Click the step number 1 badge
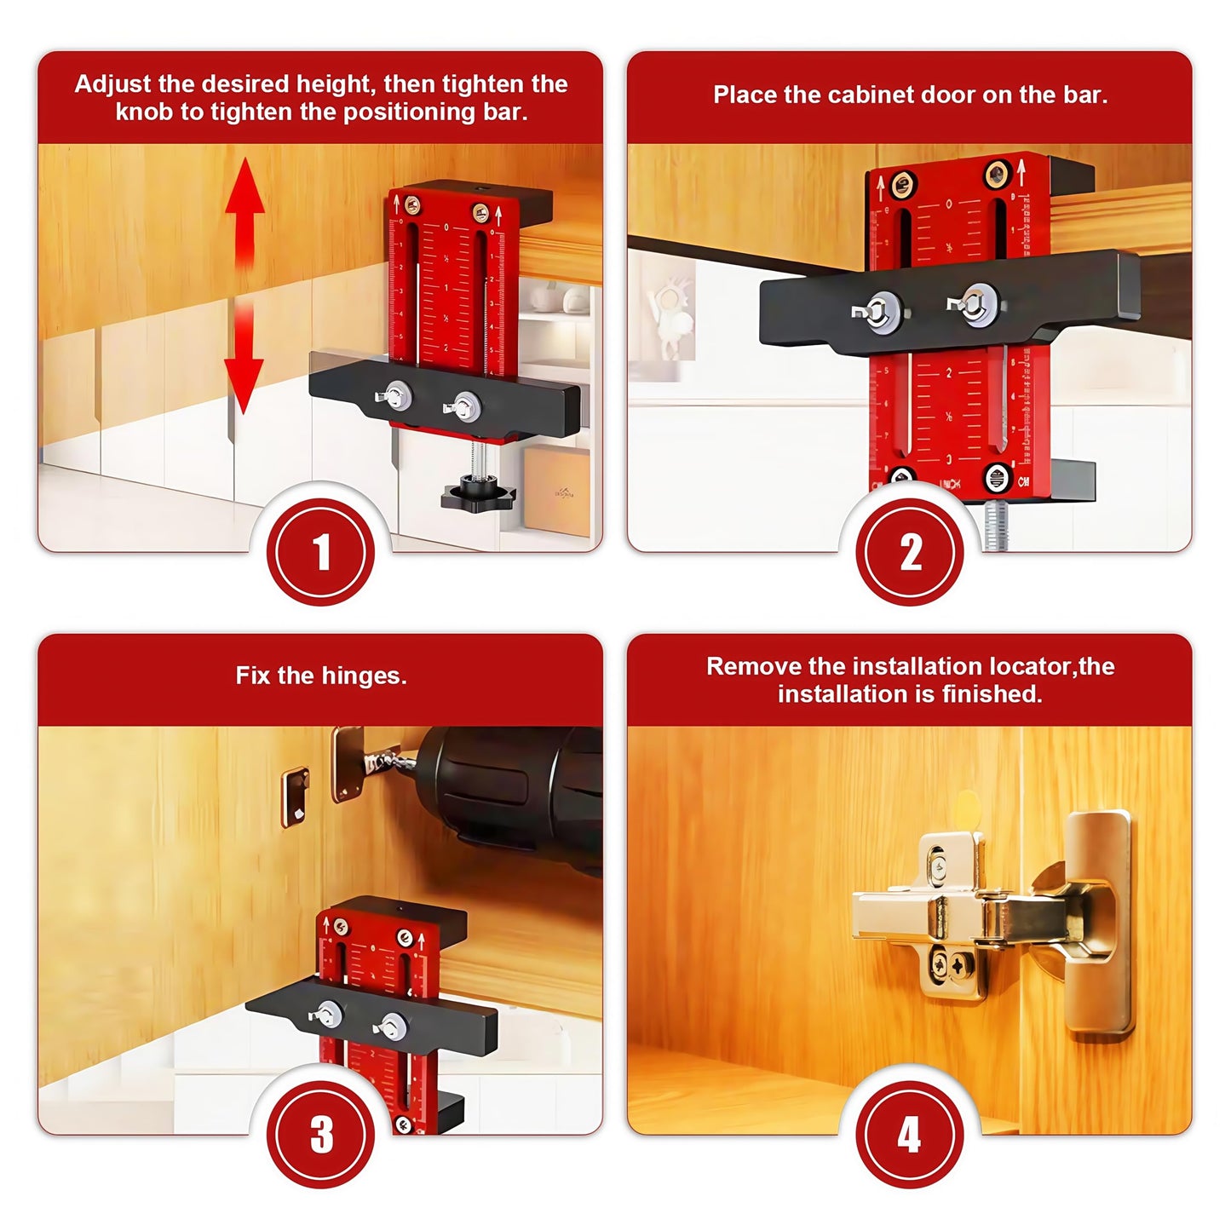tap(320, 552)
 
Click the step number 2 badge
tap(910, 552)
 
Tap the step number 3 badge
tap(320, 1135)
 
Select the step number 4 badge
tap(910, 1135)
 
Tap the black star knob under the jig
tap(478, 493)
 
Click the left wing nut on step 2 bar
tap(877, 308)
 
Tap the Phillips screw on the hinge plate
tap(961, 965)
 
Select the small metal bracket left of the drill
tap(295, 797)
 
